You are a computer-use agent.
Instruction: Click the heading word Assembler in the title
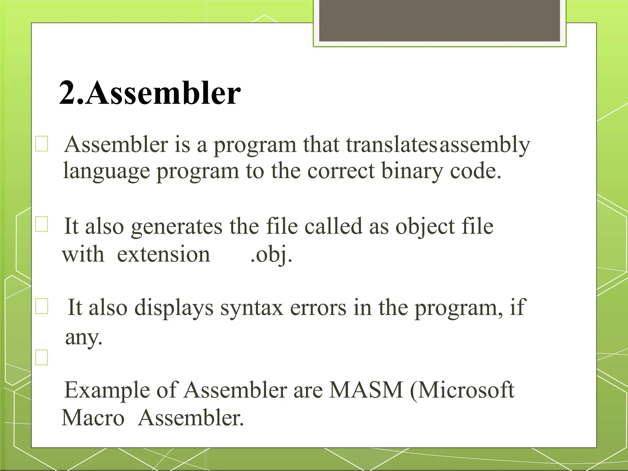pyautogui.click(x=163, y=93)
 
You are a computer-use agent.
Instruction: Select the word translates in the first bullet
pyautogui.click(x=392, y=144)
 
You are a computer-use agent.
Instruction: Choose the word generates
pyautogui.click(x=177, y=227)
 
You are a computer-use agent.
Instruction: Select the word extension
pyautogui.click(x=163, y=255)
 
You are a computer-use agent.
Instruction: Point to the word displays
pyautogui.click(x=174, y=308)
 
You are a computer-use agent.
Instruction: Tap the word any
pyautogui.click(x=83, y=338)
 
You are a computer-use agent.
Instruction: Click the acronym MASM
pyautogui.click(x=366, y=390)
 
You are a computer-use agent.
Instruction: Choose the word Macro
pyautogui.click(x=93, y=418)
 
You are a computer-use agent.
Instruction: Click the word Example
pyautogui.click(x=107, y=390)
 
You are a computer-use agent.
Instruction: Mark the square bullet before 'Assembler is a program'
pyautogui.click(x=42, y=144)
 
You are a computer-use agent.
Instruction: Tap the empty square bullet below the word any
pyautogui.click(x=42, y=358)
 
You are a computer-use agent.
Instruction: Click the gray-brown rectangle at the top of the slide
pyautogui.click(x=439, y=21)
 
